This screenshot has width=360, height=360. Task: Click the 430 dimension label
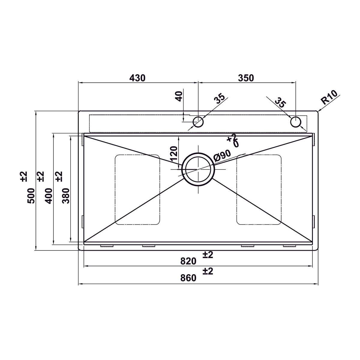tap(137, 78)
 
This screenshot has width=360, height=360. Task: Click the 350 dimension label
tap(246, 78)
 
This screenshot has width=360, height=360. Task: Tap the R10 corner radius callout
tap(329, 97)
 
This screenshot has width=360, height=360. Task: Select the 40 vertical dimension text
tap(179, 96)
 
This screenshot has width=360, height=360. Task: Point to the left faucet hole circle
tap(198, 122)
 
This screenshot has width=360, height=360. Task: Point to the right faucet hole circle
tap(295, 122)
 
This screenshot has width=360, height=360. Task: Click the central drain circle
tap(198, 169)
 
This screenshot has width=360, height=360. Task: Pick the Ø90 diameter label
tap(222, 156)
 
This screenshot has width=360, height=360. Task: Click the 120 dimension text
tap(174, 154)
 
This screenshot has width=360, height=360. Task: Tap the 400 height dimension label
tap(49, 196)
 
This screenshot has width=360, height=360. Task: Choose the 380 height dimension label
tap(66, 196)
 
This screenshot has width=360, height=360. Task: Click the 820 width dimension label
tap(188, 261)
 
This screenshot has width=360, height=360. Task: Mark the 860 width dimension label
tap(188, 278)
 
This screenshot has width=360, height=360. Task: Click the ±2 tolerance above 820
tap(208, 255)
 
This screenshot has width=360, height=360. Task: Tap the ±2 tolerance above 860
tap(208, 271)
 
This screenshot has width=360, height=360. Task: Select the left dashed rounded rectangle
tap(137, 190)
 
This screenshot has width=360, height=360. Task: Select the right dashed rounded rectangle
tap(259, 190)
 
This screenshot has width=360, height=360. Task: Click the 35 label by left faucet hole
tap(220, 98)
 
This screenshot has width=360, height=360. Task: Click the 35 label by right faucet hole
tap(280, 102)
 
